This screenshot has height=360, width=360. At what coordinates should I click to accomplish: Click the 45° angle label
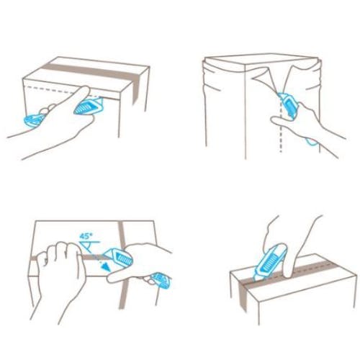[86, 236]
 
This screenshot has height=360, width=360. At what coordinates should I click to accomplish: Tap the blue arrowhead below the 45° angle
[105, 266]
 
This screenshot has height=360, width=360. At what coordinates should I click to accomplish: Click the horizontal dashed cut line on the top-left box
[63, 91]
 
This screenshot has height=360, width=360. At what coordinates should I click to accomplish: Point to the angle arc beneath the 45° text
[88, 246]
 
